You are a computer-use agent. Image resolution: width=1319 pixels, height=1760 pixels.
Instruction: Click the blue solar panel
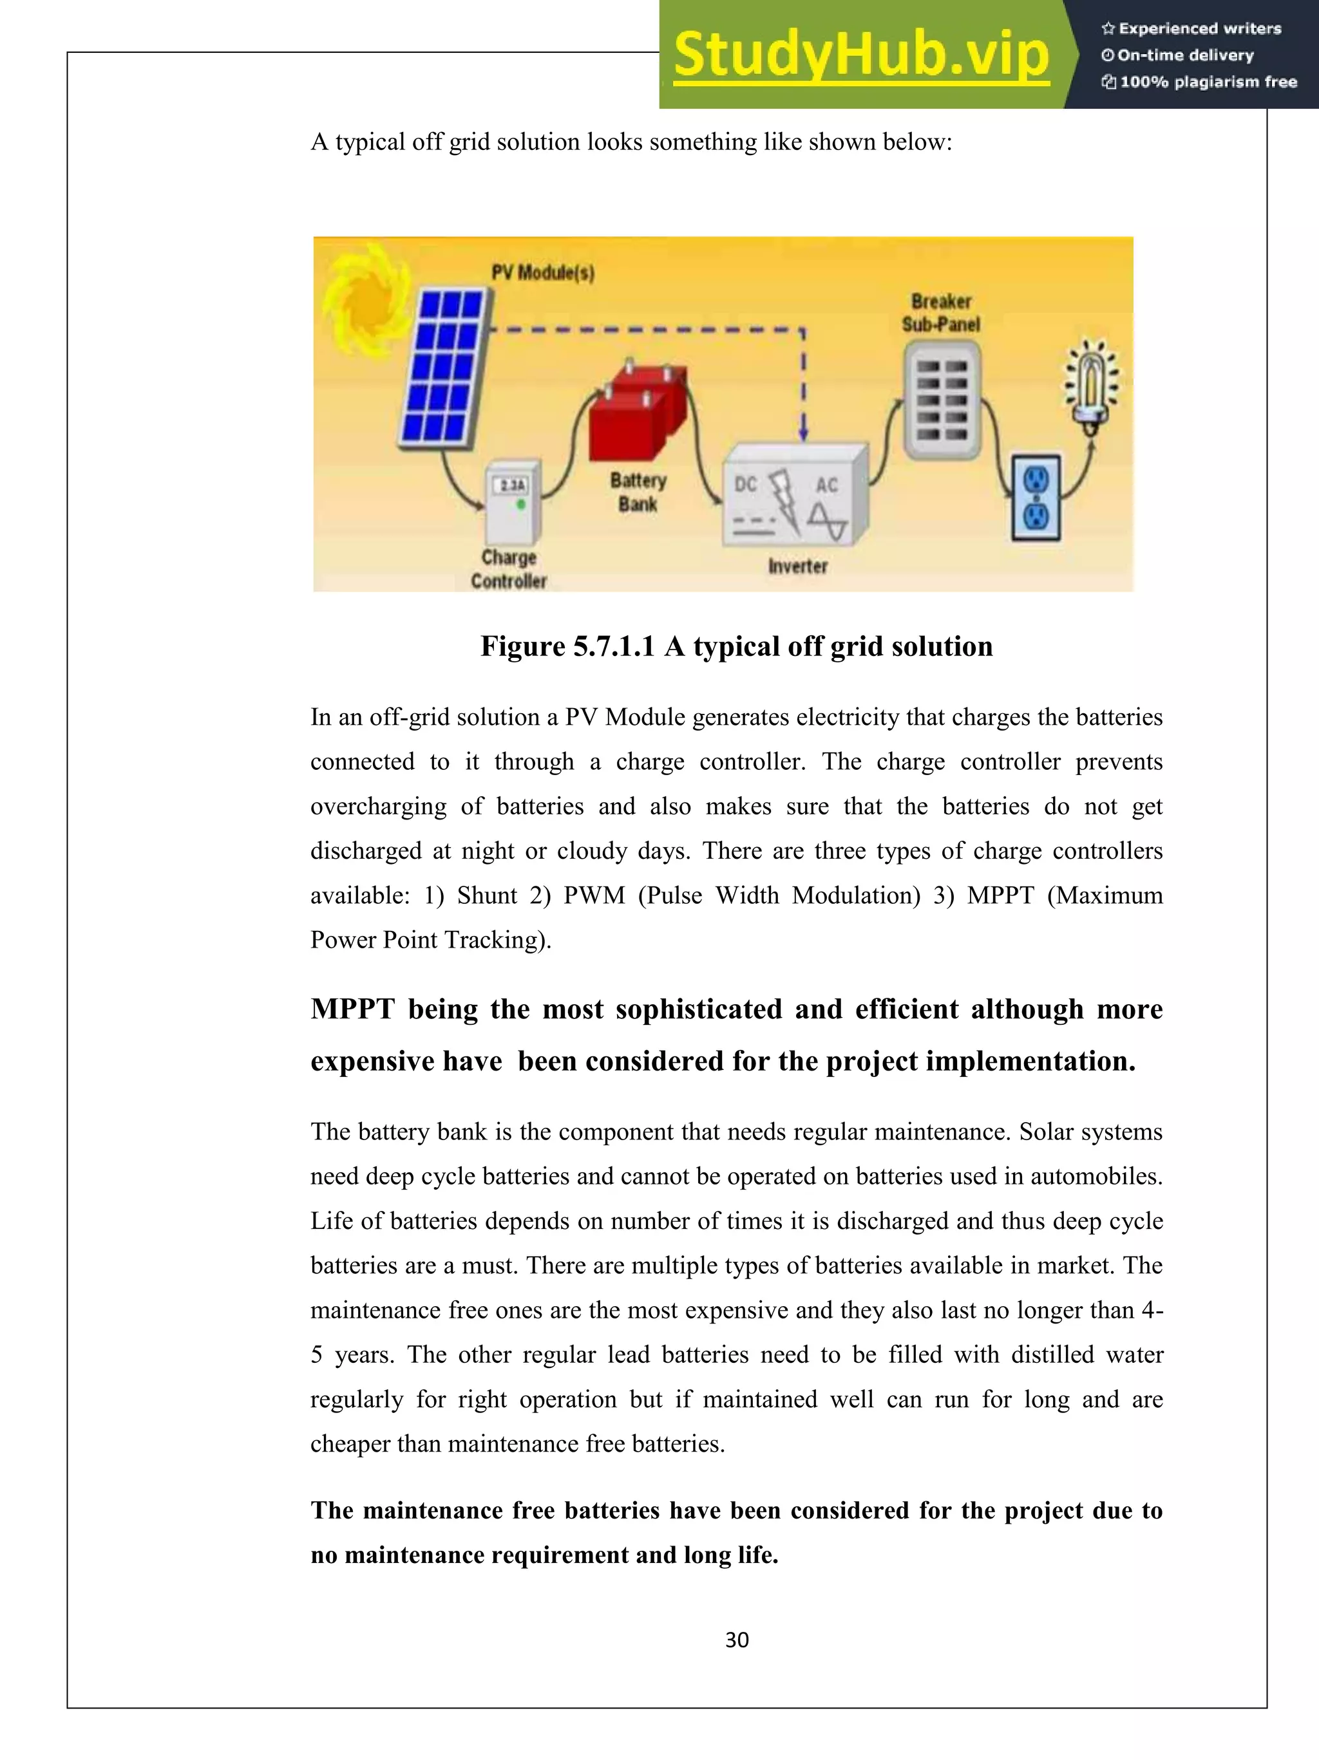[443, 366]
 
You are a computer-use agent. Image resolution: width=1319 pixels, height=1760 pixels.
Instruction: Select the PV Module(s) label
[542, 273]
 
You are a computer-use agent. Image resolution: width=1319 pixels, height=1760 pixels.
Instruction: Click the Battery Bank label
[638, 492]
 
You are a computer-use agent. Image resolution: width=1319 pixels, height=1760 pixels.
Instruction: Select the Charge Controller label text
[509, 569]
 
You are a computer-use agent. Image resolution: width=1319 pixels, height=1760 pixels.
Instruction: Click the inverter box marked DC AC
[793, 500]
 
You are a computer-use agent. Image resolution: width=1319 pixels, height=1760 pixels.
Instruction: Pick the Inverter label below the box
[797, 566]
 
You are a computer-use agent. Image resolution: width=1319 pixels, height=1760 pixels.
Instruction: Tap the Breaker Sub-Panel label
[941, 313]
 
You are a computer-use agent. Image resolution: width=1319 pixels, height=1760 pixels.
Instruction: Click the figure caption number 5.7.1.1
[613, 646]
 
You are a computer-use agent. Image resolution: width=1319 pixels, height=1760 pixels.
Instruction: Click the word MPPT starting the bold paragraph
[352, 1009]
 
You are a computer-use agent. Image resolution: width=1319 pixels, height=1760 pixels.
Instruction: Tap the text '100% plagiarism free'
[1208, 82]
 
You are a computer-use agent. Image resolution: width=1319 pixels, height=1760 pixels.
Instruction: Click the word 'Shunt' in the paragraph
[486, 895]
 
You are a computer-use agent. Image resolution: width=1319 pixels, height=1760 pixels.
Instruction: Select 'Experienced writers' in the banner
[1200, 28]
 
